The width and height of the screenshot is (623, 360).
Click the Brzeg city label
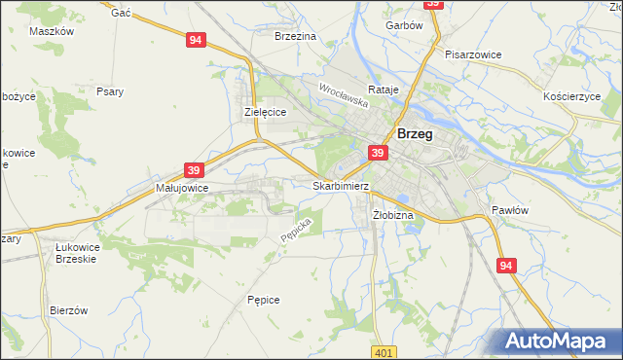click(x=415, y=135)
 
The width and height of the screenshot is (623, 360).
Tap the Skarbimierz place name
click(x=341, y=185)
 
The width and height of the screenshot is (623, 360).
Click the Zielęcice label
click(x=264, y=112)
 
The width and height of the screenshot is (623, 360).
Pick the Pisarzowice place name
click(x=473, y=54)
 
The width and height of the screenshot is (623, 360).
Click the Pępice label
click(x=264, y=300)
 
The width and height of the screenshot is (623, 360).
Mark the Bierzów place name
click(x=69, y=310)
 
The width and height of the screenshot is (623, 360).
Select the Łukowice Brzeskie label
click(x=85, y=253)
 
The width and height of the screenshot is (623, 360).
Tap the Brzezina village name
click(x=296, y=36)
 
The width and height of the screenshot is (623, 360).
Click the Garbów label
click(x=404, y=26)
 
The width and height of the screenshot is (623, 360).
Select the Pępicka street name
click(x=295, y=230)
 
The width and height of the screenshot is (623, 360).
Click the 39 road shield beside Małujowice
click(x=194, y=170)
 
